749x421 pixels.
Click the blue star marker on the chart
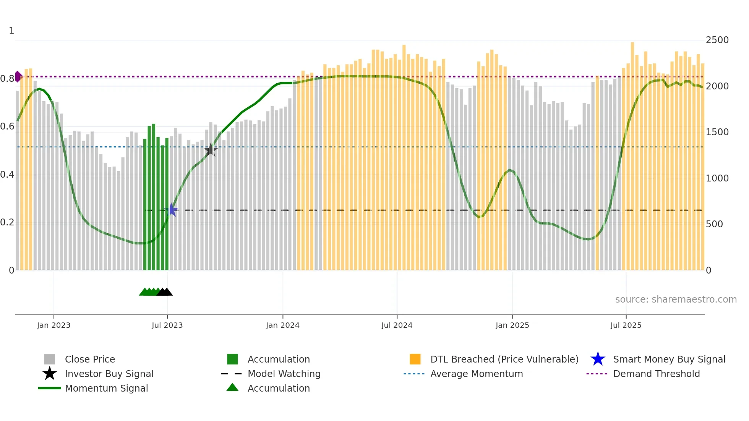click(x=171, y=210)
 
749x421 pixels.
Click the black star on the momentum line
click(x=211, y=150)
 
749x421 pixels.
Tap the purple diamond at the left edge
click(x=18, y=76)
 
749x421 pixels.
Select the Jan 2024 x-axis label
click(x=282, y=325)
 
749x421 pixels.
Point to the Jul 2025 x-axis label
click(x=626, y=325)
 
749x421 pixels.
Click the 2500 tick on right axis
click(x=717, y=40)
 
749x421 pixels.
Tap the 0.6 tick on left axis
click(x=7, y=126)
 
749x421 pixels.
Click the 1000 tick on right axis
click(x=717, y=178)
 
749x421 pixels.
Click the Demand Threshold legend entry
click(x=656, y=374)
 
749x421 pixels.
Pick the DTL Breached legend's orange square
click(x=415, y=359)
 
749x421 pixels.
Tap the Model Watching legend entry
click(x=284, y=374)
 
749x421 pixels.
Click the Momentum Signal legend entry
click(x=106, y=388)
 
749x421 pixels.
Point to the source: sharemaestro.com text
click(x=676, y=299)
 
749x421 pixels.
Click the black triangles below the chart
click(x=165, y=292)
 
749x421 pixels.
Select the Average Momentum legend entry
click(x=476, y=374)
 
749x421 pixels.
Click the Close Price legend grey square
click(x=50, y=359)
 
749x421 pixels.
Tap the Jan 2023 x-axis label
click(x=53, y=325)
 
